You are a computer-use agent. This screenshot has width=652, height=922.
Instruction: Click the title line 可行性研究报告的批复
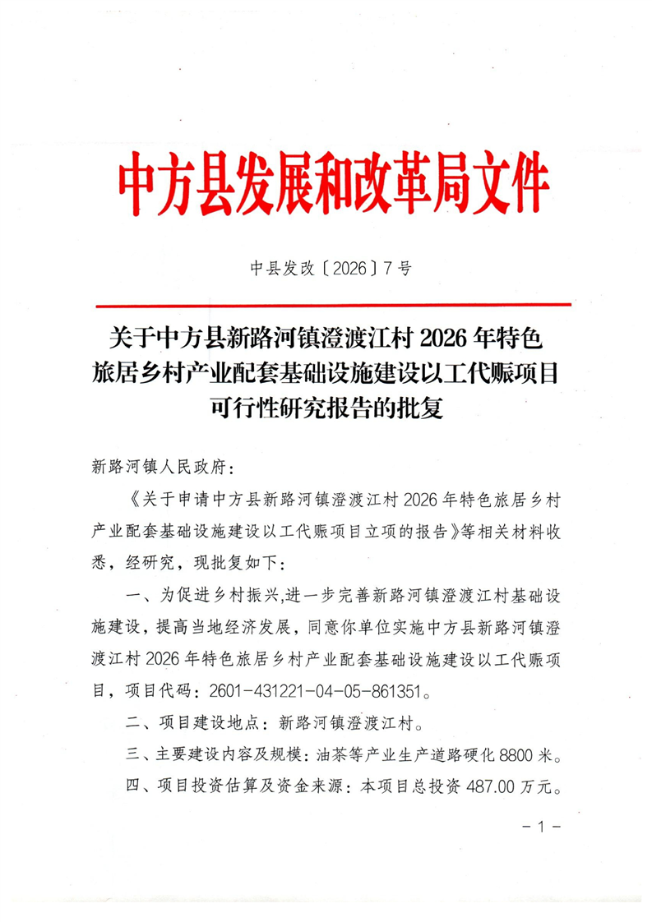point(326,408)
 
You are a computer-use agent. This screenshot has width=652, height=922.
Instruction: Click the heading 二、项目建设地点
point(194,725)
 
